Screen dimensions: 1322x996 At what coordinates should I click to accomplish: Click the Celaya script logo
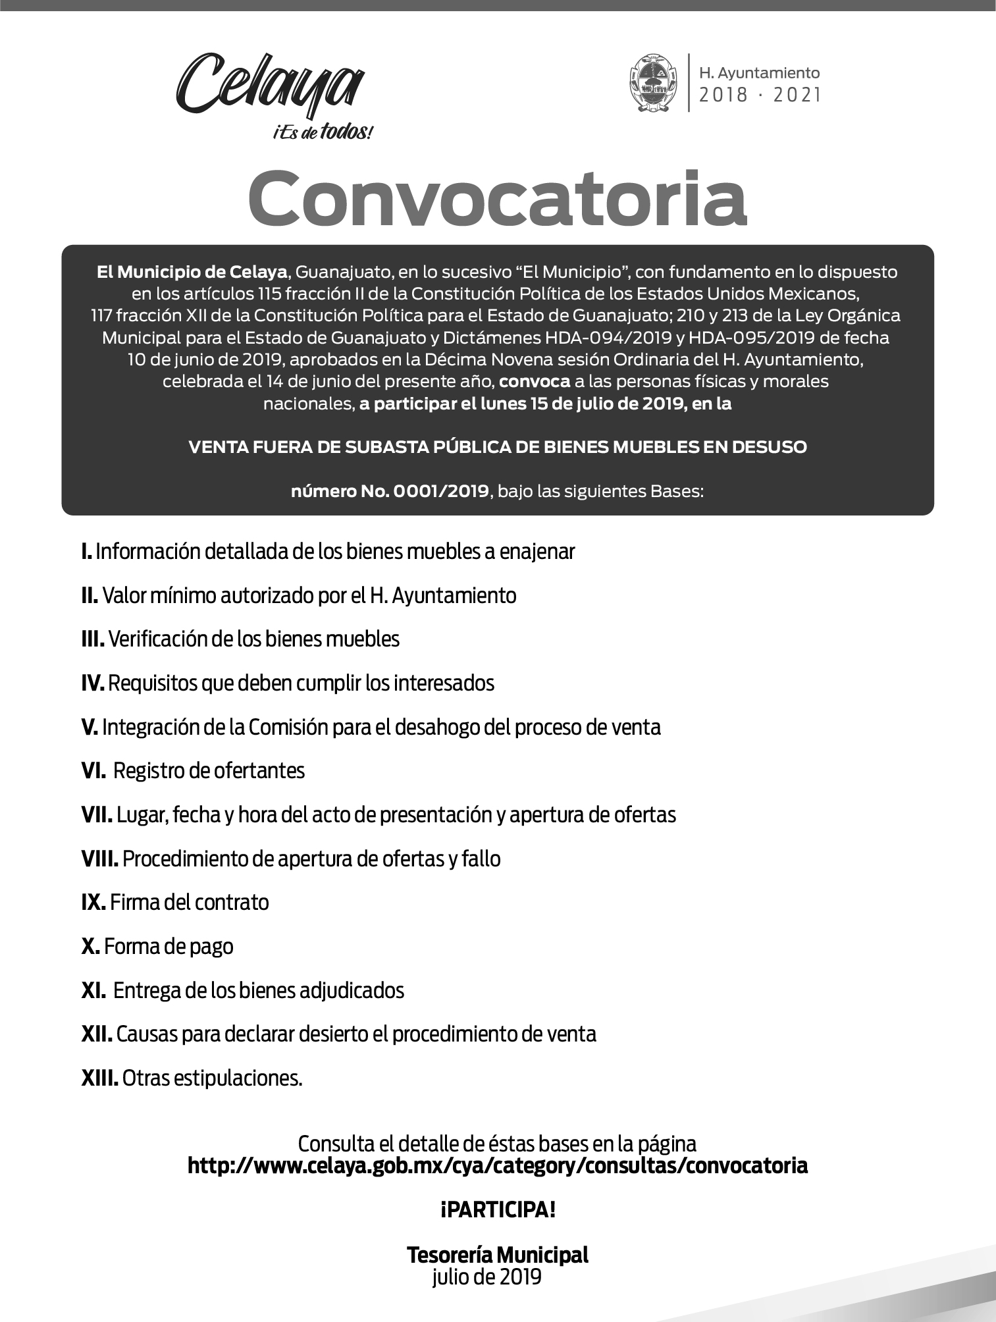[270, 86]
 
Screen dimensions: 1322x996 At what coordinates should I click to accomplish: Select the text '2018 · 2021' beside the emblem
[760, 96]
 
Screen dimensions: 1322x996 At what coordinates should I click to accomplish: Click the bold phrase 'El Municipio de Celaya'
[192, 271]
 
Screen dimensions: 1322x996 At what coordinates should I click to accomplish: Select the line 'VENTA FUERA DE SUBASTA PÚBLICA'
[497, 447]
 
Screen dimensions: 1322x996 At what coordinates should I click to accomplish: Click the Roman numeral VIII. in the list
[99, 859]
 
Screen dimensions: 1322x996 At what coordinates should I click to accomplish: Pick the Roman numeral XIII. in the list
[99, 1078]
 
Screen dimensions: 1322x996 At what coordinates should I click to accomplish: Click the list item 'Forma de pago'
[169, 947]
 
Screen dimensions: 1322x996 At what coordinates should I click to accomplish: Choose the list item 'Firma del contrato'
[190, 903]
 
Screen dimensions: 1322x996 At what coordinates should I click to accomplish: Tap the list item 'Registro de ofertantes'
[209, 771]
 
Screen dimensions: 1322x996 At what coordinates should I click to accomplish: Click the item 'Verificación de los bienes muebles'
[253, 639]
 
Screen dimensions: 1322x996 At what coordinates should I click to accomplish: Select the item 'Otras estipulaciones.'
[212, 1078]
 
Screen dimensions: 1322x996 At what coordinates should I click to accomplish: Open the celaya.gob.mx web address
[498, 1166]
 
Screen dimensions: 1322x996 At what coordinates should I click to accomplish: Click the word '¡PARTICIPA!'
[498, 1209]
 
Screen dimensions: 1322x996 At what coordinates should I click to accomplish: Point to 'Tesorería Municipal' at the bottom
[498, 1255]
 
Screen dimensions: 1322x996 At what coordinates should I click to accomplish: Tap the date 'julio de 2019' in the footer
[487, 1277]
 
